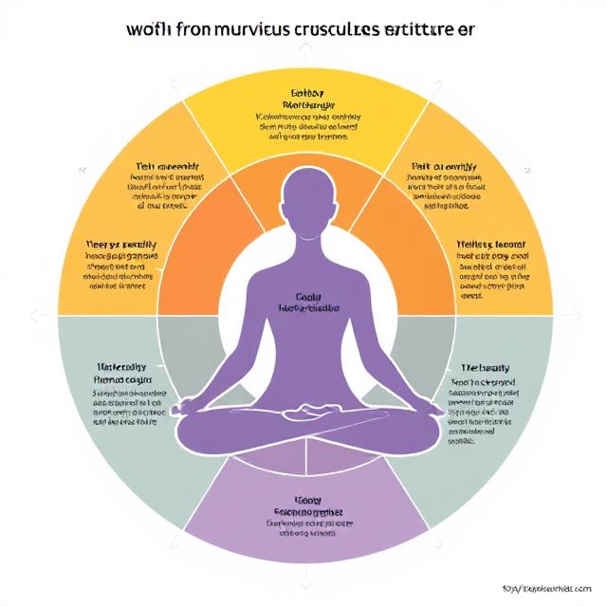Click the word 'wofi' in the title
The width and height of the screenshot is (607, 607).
tap(147, 28)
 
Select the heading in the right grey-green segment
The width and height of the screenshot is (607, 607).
tap(486, 367)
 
